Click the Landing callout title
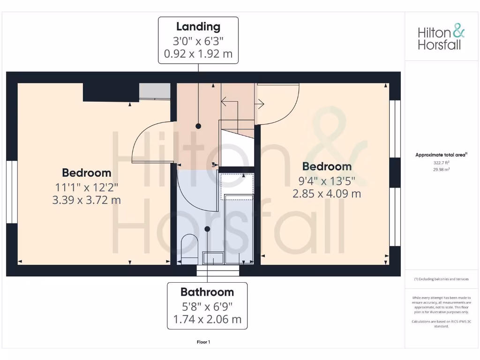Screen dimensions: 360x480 (198, 27)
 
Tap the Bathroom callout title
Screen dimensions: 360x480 (207, 292)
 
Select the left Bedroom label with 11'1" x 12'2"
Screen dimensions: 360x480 (87, 173)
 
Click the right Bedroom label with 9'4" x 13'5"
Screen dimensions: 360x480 (327, 166)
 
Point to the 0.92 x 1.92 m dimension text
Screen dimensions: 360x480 (198, 53)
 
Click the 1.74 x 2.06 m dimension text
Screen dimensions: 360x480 (207, 320)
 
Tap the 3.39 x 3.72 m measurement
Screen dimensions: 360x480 (87, 200)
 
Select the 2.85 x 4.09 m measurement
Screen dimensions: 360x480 (327, 193)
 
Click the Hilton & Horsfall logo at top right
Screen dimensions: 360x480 (441, 38)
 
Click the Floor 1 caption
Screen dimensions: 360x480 (203, 342)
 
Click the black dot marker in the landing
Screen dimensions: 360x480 (198, 126)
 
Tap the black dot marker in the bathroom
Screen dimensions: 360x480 (207, 229)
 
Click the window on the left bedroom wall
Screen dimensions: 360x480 (12, 192)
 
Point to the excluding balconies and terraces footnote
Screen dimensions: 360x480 (441, 279)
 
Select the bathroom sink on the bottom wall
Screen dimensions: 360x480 (213, 258)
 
